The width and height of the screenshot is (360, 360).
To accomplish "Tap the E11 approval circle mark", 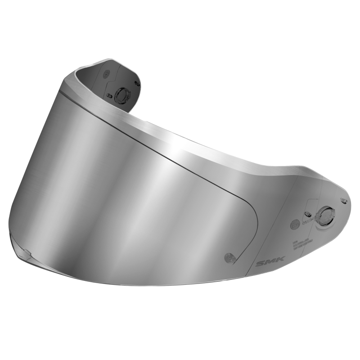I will (x=295, y=222).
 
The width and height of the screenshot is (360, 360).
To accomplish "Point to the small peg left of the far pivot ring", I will (x=110, y=95).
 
